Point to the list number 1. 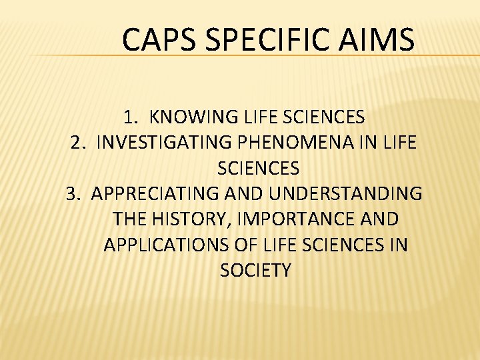click(130, 117)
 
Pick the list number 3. click(73, 193)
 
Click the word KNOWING click(189, 117)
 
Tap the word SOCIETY click(255, 270)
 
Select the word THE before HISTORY click(131, 219)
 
